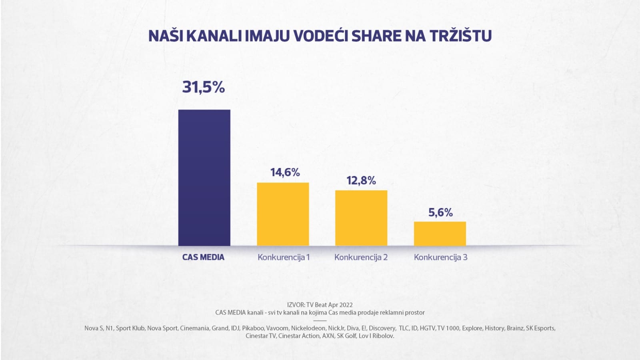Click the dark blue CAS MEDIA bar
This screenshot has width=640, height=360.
(204, 178)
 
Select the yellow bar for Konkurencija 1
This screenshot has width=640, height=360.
(283, 214)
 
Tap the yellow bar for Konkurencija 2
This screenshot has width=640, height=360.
(361, 218)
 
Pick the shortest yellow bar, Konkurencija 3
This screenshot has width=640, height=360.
(440, 234)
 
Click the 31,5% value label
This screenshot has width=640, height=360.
(203, 87)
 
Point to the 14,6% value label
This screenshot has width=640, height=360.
(285, 172)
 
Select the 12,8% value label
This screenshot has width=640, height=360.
(361, 180)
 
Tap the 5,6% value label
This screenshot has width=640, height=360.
(440, 212)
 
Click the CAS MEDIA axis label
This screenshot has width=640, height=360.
(203, 257)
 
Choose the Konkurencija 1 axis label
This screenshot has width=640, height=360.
(284, 257)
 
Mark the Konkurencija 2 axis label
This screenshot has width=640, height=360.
(361, 257)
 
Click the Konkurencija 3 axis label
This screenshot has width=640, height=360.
(440, 257)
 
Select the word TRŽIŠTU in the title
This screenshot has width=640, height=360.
(460, 36)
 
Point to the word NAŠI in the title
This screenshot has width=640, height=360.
(166, 36)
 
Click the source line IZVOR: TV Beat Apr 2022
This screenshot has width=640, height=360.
(320, 305)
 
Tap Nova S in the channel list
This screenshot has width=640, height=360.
(94, 328)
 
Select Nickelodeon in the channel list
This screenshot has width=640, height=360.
(308, 328)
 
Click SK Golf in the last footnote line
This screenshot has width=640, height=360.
(346, 336)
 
